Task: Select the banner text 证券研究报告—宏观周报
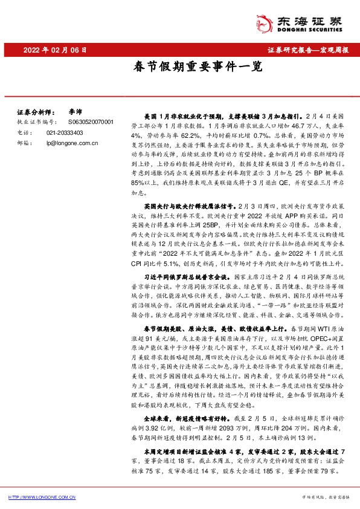pyautogui.click(x=307, y=50)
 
